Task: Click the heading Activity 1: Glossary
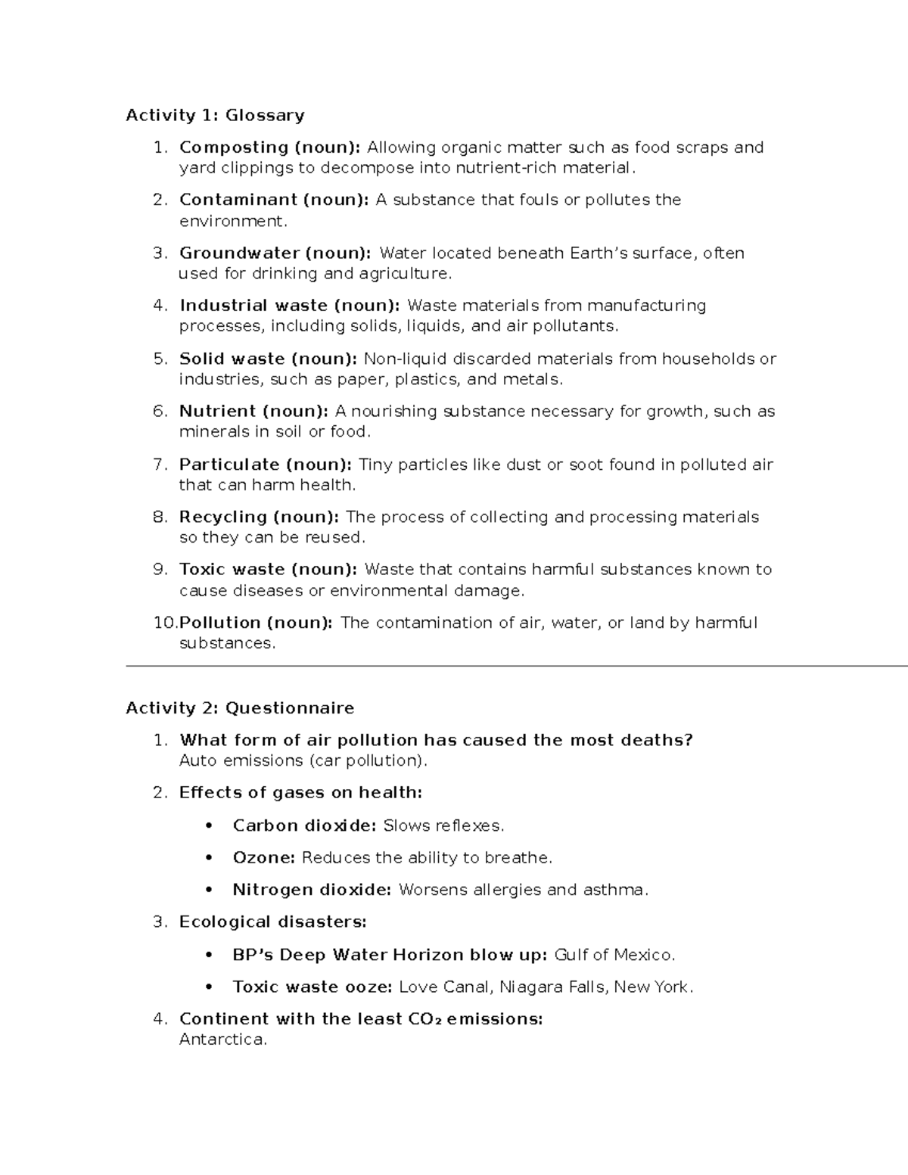coord(215,115)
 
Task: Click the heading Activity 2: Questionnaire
coord(240,708)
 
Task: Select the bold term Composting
coord(234,148)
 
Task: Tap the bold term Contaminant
coord(238,200)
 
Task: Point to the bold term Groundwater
coord(239,253)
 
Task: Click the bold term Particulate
coord(229,465)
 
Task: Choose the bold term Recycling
coord(224,517)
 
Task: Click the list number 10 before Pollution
coord(164,623)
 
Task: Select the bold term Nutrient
coord(217,412)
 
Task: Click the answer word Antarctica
coord(222,1040)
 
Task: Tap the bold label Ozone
coord(263,858)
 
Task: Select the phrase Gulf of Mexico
coord(614,955)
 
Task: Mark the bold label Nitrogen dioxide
coord(311,890)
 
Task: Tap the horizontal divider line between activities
coord(515,666)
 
